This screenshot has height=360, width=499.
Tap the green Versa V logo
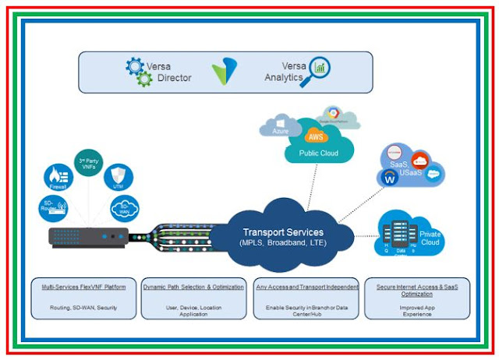click(224, 71)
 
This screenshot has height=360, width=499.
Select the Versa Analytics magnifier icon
click(317, 68)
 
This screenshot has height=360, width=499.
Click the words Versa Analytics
click(283, 72)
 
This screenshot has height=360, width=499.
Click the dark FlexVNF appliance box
click(87, 235)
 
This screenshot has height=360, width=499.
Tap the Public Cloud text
click(319, 154)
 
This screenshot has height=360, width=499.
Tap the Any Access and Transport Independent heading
click(306, 287)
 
